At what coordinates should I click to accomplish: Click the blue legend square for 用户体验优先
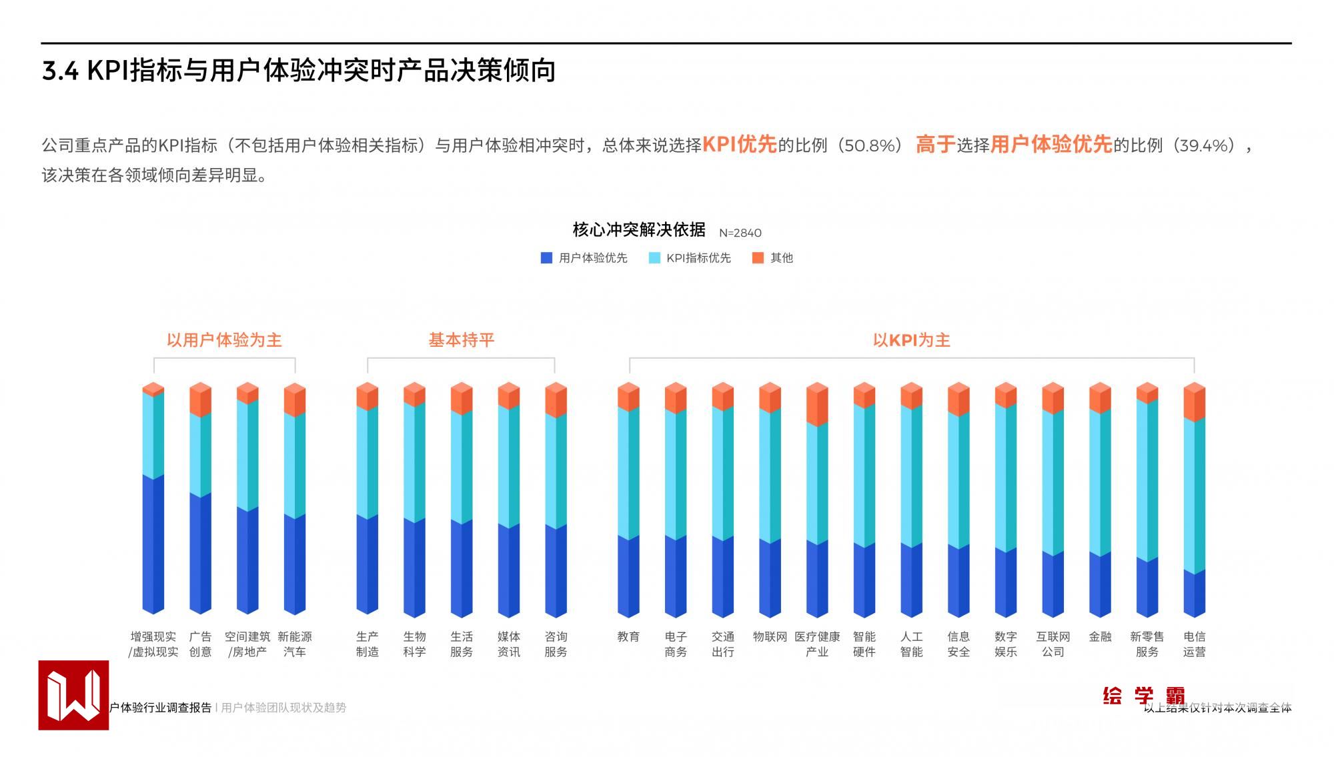546,258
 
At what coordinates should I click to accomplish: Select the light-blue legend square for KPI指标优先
654,258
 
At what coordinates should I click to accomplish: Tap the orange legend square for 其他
758,258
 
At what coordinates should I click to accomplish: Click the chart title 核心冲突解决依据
639,230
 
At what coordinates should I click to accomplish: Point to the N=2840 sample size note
740,233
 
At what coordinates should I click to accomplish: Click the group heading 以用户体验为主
224,340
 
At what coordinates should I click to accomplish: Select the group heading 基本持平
461,340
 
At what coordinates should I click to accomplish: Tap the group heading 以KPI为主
911,340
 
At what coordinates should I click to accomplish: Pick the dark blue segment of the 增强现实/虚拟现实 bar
153,544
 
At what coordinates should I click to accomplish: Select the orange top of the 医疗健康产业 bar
817,405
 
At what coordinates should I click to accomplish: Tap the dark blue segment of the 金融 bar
1100,584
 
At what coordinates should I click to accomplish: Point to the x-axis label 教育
628,637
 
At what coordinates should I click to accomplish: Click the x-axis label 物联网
770,637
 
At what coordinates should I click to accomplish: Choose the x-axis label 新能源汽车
295,644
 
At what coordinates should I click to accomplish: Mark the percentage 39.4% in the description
1204,145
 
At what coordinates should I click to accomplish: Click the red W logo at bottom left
73,695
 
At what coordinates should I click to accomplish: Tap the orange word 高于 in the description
935,145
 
